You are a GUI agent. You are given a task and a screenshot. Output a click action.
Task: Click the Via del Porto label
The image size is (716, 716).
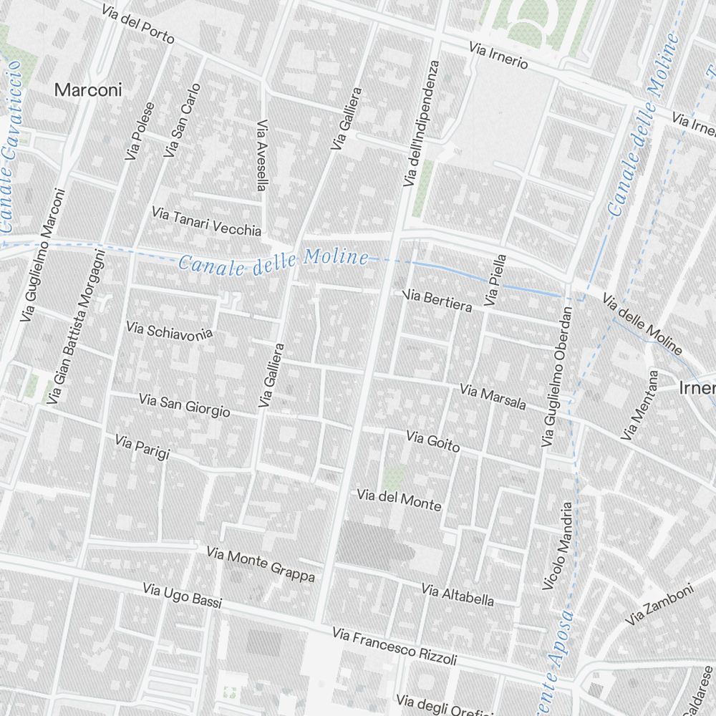tap(137, 24)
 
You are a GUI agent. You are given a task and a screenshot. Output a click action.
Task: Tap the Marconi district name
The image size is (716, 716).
tap(88, 90)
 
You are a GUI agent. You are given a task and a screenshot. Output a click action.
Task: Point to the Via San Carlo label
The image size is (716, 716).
tap(182, 120)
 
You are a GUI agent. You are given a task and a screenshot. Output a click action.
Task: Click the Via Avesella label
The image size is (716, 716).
tap(261, 155)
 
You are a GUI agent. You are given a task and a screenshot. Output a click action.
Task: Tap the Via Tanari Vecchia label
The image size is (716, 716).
tap(206, 221)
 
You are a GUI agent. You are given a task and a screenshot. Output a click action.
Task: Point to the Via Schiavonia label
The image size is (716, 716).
tap(169, 332)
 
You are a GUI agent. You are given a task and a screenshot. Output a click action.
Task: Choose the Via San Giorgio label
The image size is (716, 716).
tap(184, 405)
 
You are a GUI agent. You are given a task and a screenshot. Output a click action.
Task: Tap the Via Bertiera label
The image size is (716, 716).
tap(438, 301)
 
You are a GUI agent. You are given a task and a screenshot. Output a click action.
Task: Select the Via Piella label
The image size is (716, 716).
tap(495, 281)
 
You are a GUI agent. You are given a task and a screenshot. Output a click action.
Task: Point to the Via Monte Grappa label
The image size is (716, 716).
tap(260, 564)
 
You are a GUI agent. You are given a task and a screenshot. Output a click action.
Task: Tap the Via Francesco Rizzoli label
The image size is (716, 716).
tap(394, 646)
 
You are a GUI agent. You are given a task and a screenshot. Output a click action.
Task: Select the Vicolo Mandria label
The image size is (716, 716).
tap(558, 546)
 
